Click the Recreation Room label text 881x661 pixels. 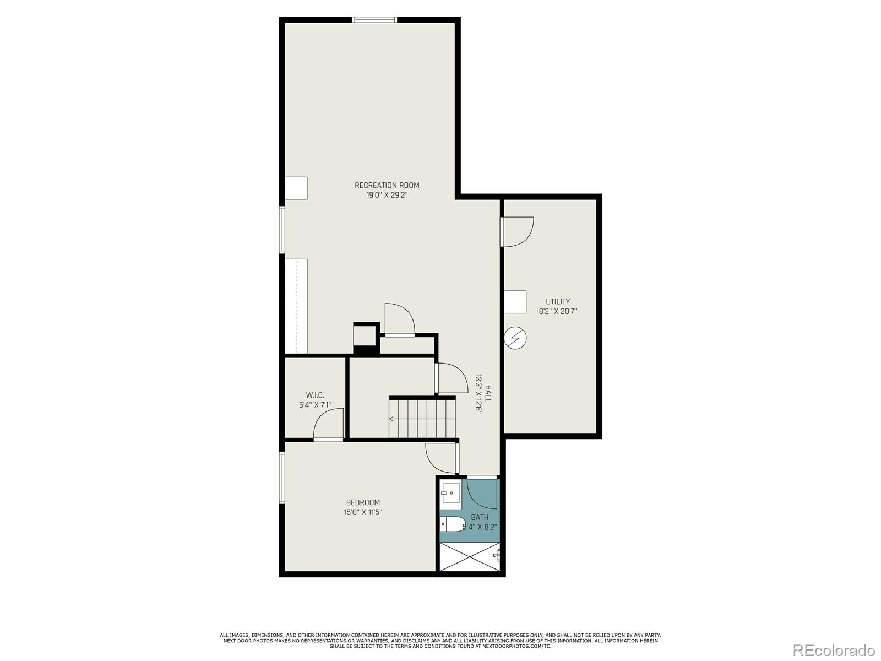coord(387,185)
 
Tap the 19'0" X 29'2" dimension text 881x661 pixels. coord(387,195)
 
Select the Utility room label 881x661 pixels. coord(557,301)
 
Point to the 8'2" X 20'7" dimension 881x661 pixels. coord(557,311)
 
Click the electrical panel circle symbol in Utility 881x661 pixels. coord(516,338)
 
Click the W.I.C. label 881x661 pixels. coord(315,395)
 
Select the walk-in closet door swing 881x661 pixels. coord(329,425)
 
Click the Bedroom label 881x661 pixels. coord(363,502)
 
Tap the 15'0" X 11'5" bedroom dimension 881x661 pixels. coord(363,512)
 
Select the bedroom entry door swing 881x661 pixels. coord(440,458)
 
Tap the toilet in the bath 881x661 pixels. coord(453,524)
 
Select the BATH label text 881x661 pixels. coord(480,517)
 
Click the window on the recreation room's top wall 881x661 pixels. coord(374,20)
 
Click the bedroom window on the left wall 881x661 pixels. coord(282,478)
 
